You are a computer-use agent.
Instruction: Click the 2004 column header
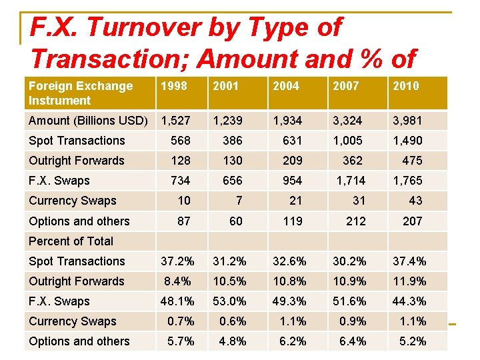pos(286,85)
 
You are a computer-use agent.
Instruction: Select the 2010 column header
pos(406,85)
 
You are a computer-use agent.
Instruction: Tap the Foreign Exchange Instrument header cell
pos(80,93)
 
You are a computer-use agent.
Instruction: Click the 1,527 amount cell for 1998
pos(176,121)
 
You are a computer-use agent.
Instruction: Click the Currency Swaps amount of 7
pos(239,201)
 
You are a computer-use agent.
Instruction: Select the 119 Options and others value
pos(293,221)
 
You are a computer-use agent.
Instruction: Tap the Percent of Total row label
pos(71,241)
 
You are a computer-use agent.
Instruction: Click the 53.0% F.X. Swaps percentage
pos(229,301)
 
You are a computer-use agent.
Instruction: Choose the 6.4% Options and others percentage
pos(353,341)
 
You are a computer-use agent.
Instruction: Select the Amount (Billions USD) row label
pos(88,121)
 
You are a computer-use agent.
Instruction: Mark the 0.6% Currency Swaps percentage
pos(233,321)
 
